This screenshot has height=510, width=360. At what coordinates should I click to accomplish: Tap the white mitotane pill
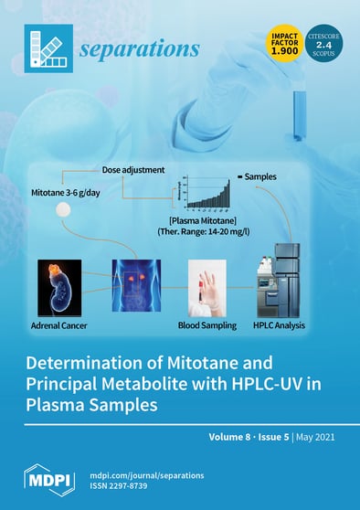pos(63,211)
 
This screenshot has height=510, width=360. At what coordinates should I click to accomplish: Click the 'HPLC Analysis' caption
pos(285,324)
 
